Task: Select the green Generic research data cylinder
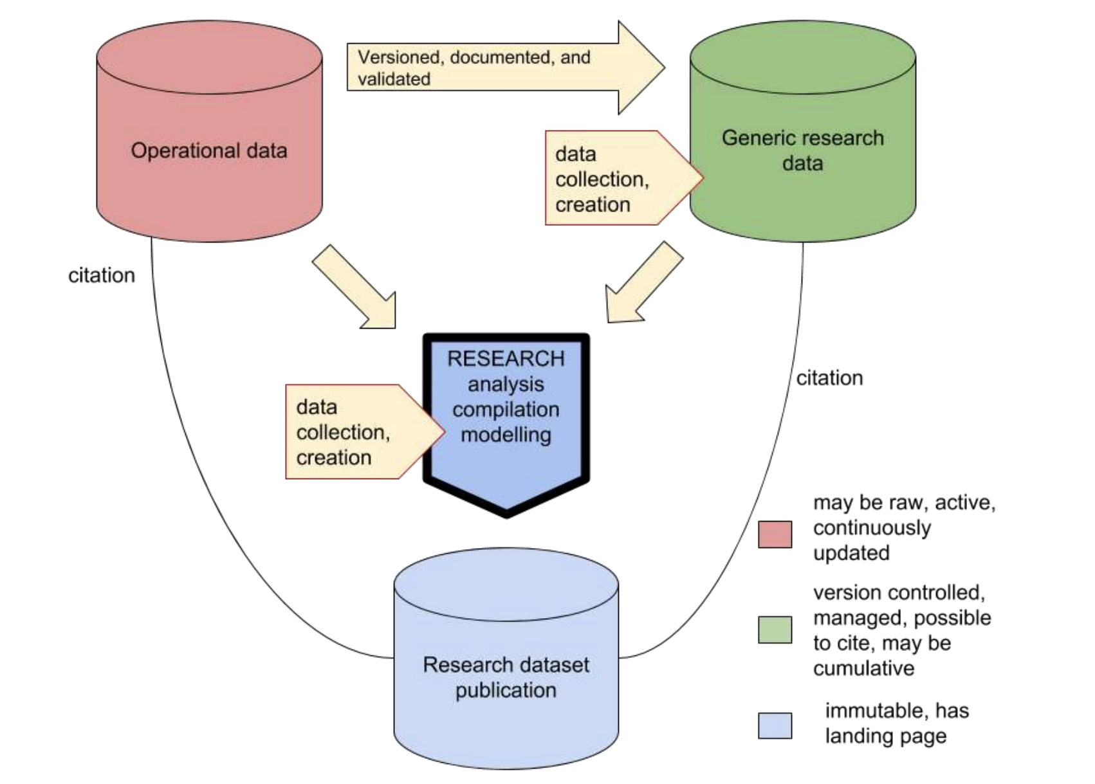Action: pos(802,193)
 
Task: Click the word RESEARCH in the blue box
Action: pos(506,358)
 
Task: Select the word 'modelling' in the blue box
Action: pos(506,435)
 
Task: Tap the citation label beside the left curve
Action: pos(102,275)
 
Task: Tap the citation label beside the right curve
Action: pos(829,378)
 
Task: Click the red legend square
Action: pos(775,534)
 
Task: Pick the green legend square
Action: pos(775,630)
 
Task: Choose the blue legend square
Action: pos(775,725)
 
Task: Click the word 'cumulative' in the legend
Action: pos(863,668)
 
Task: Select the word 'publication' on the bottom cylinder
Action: pos(506,690)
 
